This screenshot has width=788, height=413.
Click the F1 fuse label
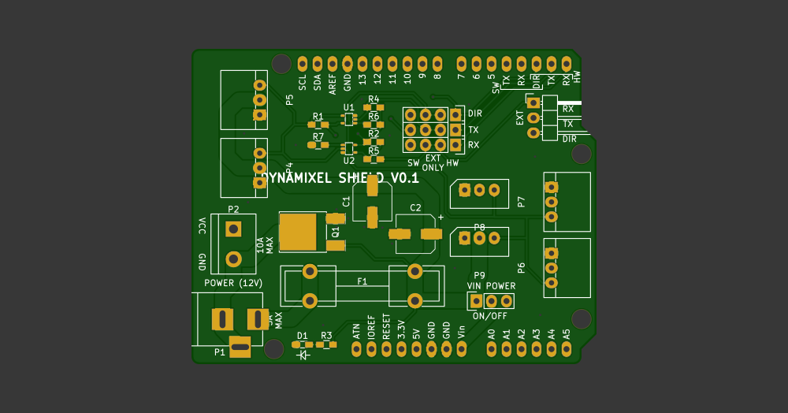[362, 281]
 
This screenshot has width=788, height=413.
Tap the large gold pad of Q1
[298, 230]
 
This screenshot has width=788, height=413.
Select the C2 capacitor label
[415, 208]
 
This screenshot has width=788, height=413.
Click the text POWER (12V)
[233, 283]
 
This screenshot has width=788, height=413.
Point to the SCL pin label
[303, 84]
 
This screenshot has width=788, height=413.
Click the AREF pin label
[333, 84]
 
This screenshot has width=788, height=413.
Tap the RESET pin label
[386, 327]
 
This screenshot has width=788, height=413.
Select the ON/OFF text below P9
[490, 316]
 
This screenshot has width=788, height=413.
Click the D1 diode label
[303, 336]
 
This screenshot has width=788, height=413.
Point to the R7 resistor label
[318, 136]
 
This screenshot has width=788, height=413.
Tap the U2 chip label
[349, 161]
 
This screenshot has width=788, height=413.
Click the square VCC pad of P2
[233, 229]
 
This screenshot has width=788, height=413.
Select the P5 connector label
[289, 100]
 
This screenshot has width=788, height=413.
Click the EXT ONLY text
[433, 162]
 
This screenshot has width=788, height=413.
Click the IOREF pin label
[371, 327]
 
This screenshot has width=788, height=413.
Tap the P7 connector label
[521, 202]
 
